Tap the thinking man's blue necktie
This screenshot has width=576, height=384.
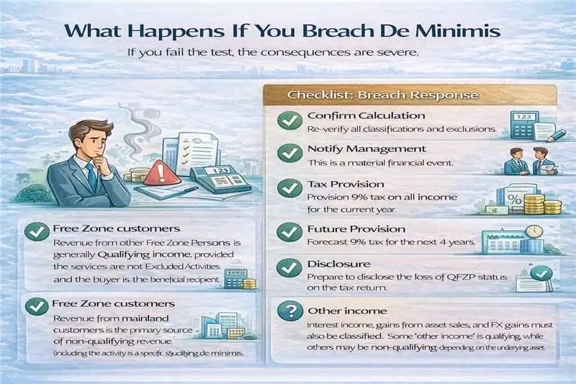tap(91, 177)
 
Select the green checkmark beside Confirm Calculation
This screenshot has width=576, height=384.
tap(289, 120)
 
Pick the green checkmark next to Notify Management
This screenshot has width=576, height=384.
tap(289, 154)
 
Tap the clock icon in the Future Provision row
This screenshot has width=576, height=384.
tap(534, 232)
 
